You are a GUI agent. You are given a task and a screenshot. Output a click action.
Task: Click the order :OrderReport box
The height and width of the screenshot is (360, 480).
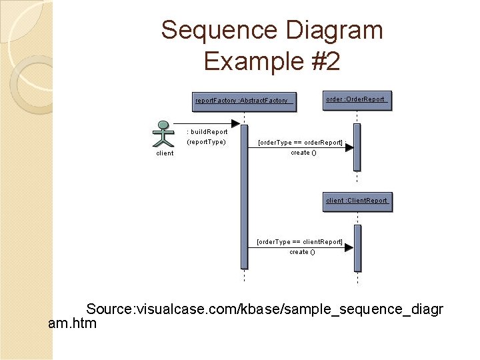pos(357,100)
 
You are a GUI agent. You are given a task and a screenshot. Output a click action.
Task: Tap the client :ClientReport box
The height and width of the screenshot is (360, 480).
pos(357,201)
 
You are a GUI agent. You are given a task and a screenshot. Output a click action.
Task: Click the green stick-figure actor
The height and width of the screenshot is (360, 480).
pos(163,133)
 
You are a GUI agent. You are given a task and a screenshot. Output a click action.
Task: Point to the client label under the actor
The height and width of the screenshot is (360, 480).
pos(165,153)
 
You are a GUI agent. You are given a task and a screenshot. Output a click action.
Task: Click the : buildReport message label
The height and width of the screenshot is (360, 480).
pos(207,132)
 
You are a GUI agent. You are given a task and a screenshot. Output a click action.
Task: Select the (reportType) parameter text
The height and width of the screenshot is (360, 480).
pos(206,142)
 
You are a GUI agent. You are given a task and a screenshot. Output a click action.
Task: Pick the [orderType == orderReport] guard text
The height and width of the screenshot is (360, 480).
pos(300,143)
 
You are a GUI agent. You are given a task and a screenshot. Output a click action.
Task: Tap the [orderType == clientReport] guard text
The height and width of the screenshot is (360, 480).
pos(300,242)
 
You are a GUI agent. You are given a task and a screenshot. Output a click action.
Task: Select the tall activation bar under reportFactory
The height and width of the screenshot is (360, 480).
pos(244,197)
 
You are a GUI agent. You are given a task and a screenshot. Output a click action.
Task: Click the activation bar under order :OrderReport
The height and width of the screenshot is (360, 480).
pos(357,147)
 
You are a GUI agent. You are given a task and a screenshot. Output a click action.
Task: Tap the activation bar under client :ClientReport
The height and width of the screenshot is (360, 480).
pos(357,249)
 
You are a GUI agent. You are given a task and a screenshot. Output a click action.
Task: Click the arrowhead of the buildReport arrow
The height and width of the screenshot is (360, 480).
pos(235,124)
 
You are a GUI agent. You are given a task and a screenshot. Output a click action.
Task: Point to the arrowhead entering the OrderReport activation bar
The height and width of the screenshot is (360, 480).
pos(349,148)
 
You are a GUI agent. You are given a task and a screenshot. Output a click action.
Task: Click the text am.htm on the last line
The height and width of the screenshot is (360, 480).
pos(73,324)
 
